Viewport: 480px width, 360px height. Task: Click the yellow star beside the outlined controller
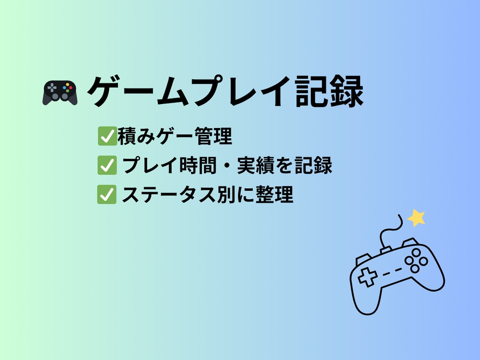coord(416,217)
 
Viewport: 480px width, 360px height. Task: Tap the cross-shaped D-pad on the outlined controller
coord(367,277)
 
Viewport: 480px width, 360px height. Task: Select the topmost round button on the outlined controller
coord(415,252)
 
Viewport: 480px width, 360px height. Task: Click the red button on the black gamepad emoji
coord(71,87)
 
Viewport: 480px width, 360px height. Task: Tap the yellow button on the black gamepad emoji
coord(68,84)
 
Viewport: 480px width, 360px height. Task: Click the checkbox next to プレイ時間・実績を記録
coord(106,165)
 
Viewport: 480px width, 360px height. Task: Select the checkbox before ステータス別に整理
coord(106,195)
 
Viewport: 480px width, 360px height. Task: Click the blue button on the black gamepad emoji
coord(66,87)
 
